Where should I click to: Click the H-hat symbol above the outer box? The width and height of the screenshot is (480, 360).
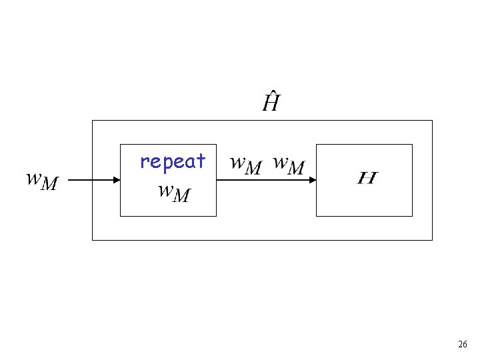point(270,103)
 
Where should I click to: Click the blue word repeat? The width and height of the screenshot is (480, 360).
point(173,161)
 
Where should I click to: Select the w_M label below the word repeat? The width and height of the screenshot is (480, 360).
point(174,193)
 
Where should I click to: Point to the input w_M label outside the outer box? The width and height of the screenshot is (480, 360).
point(42,181)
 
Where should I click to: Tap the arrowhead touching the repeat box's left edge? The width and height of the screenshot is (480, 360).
point(116,180)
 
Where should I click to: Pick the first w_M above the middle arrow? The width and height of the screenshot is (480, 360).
point(245,165)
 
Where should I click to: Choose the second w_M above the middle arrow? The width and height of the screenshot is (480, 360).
point(289,165)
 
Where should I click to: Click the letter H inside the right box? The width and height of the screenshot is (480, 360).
point(367,178)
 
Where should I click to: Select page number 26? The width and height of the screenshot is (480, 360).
point(463,345)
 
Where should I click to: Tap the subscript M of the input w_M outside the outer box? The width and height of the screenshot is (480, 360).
point(49,184)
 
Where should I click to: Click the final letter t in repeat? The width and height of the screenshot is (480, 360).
point(201,161)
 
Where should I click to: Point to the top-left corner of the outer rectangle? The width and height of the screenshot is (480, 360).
point(92,120)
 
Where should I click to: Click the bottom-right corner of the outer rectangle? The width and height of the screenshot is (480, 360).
point(432,239)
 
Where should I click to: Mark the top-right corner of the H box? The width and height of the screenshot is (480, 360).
point(412,144)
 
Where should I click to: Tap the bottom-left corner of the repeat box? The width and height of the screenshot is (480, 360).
point(120,216)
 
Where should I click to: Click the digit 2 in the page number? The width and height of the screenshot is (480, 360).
point(460,345)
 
